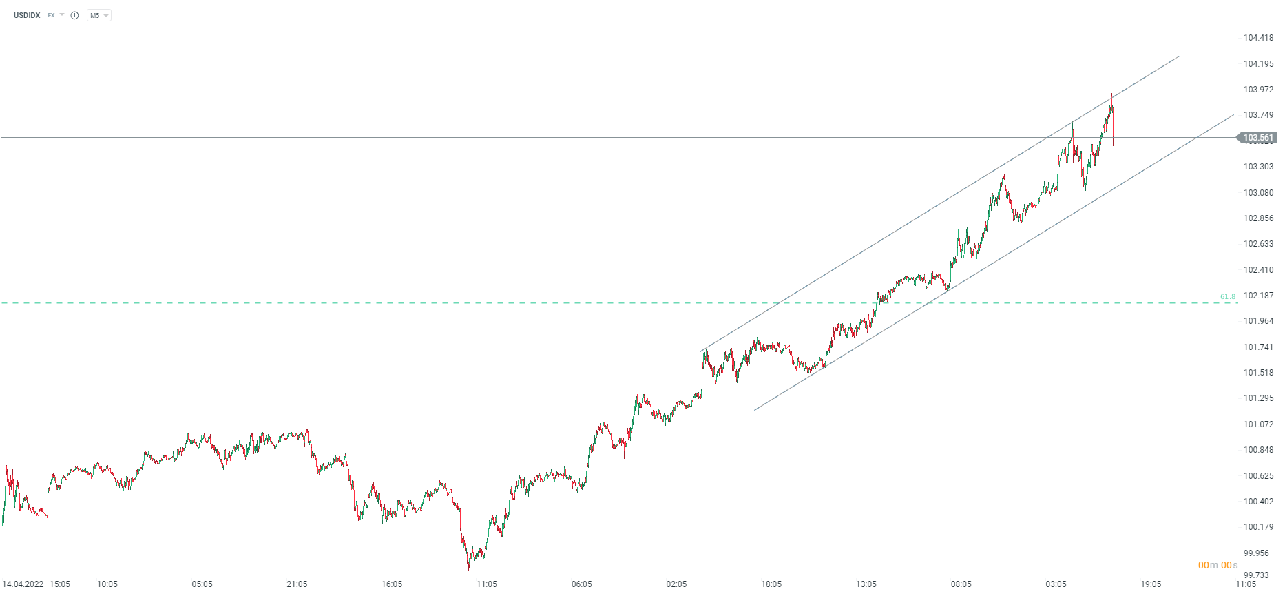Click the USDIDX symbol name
(27, 15)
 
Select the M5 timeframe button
(95, 15)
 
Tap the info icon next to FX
(74, 15)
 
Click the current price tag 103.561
(1257, 138)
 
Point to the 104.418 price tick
(1258, 38)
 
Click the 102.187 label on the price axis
(1258, 296)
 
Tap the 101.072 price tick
(1258, 424)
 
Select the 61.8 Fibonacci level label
(1227, 297)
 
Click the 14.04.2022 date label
(23, 584)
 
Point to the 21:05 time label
(297, 584)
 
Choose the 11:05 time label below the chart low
(487, 584)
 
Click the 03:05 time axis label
(1056, 584)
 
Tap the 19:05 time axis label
(1151, 584)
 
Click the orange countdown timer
(1218, 566)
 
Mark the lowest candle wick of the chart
(469, 569)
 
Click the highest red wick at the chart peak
(1111, 95)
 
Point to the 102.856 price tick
(1258, 218)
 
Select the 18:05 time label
(771, 584)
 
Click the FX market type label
(51, 15)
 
